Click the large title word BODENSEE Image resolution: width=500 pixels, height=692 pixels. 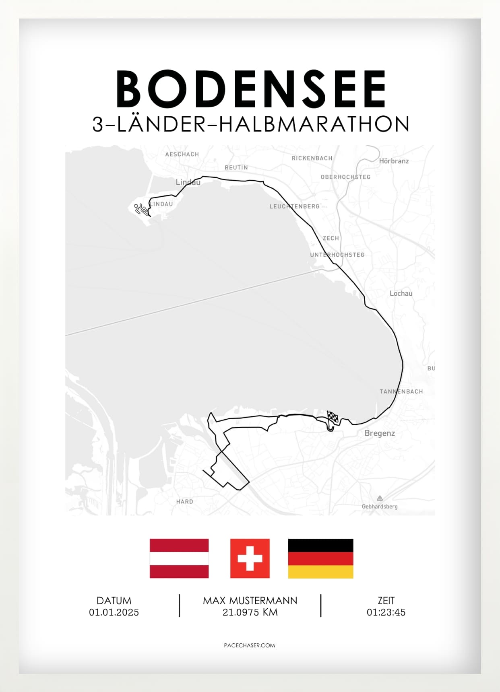pos(251,89)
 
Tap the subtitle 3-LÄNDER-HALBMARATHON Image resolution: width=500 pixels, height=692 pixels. pos(251,124)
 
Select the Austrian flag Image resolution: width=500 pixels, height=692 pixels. pos(179,558)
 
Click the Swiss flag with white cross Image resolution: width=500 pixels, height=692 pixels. pos(250,558)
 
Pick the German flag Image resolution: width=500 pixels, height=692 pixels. pos(320,558)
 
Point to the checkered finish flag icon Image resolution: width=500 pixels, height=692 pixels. pos(333,417)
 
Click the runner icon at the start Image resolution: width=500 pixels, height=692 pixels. pos(141,209)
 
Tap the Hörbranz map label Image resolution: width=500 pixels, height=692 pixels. pos(394,161)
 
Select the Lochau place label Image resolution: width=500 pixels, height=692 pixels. pos(401,293)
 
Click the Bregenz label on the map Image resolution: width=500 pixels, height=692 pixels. pos(379,433)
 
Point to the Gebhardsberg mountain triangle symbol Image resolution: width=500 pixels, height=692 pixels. pos(380,498)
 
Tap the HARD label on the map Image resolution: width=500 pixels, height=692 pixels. pos(184,502)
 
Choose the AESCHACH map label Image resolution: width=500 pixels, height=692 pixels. pos(182,154)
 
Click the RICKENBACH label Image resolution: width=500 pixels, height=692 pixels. pos(312,158)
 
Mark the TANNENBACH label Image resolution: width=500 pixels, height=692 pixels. pos(401,391)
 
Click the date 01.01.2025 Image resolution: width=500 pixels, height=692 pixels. pos(114,612)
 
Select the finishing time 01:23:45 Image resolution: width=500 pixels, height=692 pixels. pos(386,612)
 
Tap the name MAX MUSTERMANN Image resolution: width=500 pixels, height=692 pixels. pos(250,601)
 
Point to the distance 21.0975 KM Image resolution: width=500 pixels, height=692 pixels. pos(250,612)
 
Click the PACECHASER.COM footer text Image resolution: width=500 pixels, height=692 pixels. pos(249,645)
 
